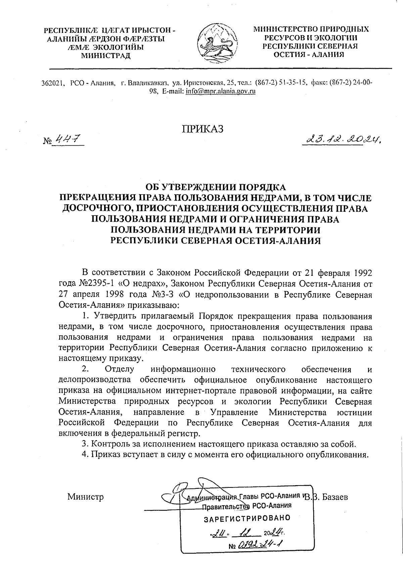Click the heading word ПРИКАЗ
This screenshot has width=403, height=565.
click(x=203, y=129)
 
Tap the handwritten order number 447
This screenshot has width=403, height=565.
click(x=69, y=139)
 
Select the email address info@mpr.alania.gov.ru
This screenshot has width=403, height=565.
click(x=221, y=91)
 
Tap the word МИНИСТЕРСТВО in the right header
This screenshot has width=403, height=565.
click(x=283, y=29)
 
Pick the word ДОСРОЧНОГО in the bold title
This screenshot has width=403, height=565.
click(x=97, y=208)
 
